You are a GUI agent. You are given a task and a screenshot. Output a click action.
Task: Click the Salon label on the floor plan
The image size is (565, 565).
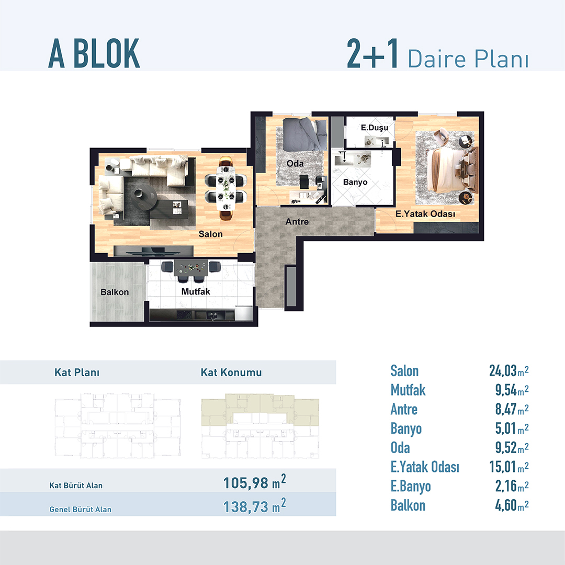(x=210, y=234)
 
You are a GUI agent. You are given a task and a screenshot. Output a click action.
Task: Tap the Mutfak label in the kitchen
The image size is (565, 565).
(x=196, y=291)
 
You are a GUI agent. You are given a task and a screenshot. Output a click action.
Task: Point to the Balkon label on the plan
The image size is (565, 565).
(x=115, y=292)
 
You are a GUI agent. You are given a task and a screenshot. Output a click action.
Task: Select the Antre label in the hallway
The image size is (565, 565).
(x=297, y=222)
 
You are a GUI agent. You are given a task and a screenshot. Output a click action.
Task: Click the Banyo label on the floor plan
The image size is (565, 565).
(x=355, y=183)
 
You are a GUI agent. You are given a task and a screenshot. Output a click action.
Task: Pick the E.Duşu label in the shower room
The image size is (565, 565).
(x=375, y=128)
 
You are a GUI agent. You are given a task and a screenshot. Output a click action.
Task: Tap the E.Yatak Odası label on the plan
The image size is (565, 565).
(x=425, y=214)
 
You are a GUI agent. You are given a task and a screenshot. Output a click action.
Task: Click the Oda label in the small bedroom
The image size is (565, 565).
(x=295, y=164)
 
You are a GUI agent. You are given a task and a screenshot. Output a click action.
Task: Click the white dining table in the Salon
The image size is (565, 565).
(x=225, y=188)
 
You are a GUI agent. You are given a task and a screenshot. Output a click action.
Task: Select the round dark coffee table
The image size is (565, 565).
(x=143, y=197)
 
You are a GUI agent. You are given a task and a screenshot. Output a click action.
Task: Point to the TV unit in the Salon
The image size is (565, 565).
(x=153, y=251)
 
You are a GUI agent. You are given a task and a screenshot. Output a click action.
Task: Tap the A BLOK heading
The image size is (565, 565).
(x=94, y=53)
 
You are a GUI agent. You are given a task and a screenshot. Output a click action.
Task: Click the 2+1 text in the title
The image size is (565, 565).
(x=372, y=53)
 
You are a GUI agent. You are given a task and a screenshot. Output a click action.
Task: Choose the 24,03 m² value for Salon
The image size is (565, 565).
(x=509, y=371)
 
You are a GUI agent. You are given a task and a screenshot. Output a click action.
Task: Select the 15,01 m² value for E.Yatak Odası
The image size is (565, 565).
(x=509, y=467)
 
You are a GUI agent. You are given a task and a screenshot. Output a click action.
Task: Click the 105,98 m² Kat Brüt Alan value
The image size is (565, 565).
(x=255, y=482)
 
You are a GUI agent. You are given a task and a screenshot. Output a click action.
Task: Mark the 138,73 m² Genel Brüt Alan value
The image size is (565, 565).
(x=255, y=506)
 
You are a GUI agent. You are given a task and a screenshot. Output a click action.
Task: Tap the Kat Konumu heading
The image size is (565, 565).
(x=231, y=372)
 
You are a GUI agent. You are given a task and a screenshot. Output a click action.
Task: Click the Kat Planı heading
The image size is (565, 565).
(x=77, y=372)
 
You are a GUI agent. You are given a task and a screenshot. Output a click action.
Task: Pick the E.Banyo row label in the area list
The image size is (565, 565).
(x=411, y=487)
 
